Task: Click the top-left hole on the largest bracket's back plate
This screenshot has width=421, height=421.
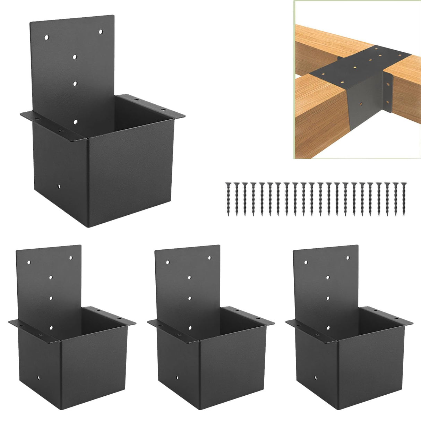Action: point(47,37)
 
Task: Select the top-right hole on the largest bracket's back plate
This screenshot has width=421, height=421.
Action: point(101,32)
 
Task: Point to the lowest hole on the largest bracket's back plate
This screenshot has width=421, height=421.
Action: point(75,121)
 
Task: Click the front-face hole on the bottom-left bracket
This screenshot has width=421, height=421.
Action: point(38,378)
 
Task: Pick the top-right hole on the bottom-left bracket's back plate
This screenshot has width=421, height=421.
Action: point(71,258)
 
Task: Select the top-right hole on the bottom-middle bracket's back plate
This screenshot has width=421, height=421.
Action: point(209,258)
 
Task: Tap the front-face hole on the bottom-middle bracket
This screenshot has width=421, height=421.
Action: point(177,378)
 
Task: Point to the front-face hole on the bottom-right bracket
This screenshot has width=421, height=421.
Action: point(315,378)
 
